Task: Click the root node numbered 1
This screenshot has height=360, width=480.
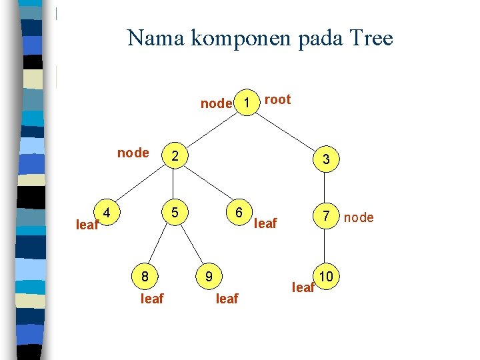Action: click(x=247, y=103)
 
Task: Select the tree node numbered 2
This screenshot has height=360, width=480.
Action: click(x=174, y=156)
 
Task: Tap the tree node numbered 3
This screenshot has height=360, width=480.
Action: click(x=326, y=160)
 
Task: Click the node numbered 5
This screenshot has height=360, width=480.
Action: click(x=174, y=213)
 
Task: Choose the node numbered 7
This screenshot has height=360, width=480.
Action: click(x=326, y=217)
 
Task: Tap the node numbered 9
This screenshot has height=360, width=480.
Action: click(x=209, y=275)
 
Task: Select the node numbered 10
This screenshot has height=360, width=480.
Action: click(x=326, y=275)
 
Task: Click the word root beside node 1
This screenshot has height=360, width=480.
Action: click(x=277, y=100)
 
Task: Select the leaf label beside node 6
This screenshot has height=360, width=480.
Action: click(x=265, y=223)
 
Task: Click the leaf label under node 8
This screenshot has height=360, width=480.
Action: click(x=152, y=299)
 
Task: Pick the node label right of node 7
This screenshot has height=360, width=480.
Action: click(x=359, y=217)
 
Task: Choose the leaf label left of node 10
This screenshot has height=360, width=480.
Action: click(x=303, y=287)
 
